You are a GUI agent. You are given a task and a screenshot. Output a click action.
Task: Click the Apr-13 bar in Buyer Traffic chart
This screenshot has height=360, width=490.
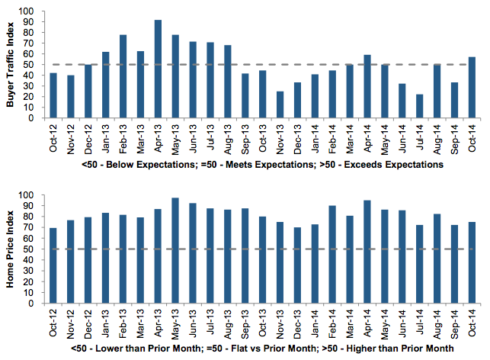pyautogui.click(x=158, y=69)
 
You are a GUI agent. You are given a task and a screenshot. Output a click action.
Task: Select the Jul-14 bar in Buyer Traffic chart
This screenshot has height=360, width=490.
pyautogui.click(x=420, y=106)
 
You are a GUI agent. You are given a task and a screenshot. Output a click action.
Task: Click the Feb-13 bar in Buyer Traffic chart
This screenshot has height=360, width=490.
pyautogui.click(x=123, y=76)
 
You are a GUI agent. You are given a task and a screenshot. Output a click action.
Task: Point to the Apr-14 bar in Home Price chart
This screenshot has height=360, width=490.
pyautogui.click(x=367, y=252)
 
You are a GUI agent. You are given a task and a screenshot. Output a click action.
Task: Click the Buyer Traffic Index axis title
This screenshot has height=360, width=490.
pyautogui.click(x=11, y=64)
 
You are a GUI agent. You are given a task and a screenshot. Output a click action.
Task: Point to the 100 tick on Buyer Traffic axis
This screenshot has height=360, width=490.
pyautogui.click(x=27, y=12)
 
